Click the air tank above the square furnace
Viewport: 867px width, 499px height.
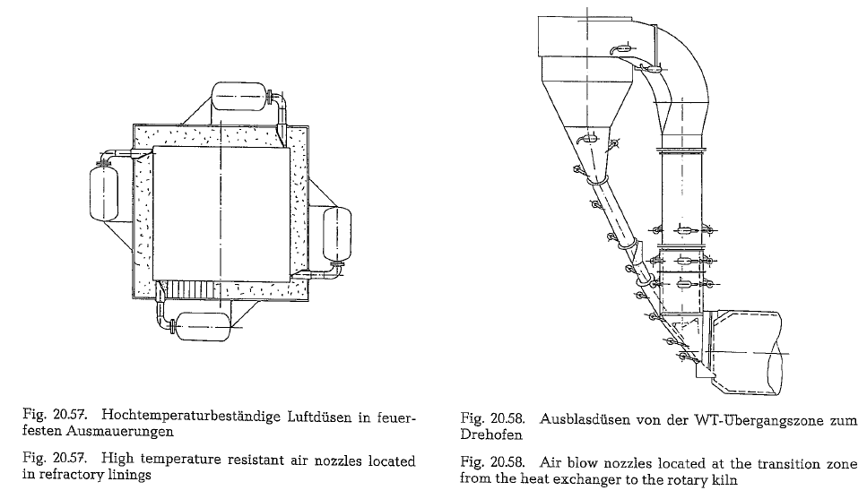tap(238, 97)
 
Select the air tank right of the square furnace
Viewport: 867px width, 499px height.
tap(337, 234)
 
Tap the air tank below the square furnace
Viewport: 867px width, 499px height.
tap(203, 326)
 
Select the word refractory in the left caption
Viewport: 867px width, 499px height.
tap(72, 474)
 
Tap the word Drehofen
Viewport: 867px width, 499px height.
tap(491, 434)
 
